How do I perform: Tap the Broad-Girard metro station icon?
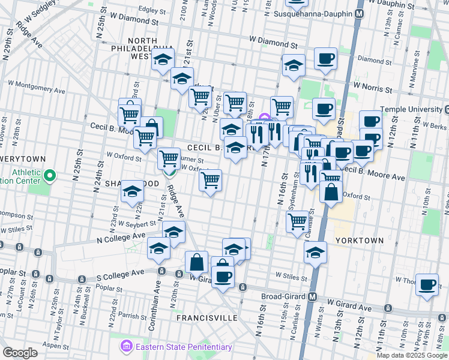[x=312, y=297]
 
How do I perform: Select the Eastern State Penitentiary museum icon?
[x=127, y=347]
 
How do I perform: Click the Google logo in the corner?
[x=20, y=352]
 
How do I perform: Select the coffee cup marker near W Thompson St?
[x=427, y=284]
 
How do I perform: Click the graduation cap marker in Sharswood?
[x=131, y=192]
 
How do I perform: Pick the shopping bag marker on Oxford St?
[x=331, y=193]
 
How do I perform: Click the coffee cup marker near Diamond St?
[x=325, y=58]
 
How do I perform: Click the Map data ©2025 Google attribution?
[x=412, y=355]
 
